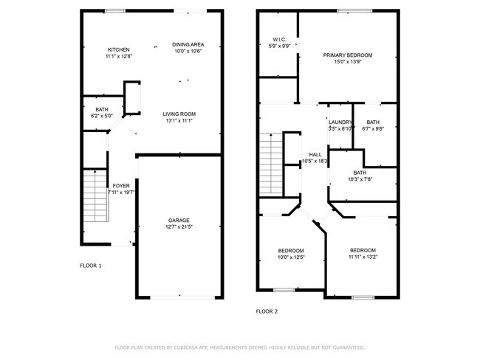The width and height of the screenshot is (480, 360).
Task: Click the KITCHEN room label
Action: tap(118, 49)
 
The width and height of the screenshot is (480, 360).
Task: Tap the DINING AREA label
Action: tap(188, 44)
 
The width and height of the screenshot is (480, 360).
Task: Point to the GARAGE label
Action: tap(179, 220)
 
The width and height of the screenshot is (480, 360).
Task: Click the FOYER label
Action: tap(120, 186)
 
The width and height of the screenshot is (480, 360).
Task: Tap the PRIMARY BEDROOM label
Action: tap(347, 55)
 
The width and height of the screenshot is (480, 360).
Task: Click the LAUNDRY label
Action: tap(340, 122)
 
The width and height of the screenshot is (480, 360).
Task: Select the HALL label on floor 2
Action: tap(315, 154)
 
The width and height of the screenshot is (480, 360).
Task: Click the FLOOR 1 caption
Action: tap(91, 265)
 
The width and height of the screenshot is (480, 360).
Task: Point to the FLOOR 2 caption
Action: tap(267, 312)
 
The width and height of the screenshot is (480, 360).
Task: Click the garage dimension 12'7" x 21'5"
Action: tap(179, 226)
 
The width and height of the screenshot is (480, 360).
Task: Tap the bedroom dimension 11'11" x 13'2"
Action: tap(362, 257)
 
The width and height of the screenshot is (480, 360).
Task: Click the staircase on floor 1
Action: tap(95, 195)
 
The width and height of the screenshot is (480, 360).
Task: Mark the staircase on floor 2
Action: tap(273, 163)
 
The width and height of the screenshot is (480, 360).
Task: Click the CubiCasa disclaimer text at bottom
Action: tap(239, 347)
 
